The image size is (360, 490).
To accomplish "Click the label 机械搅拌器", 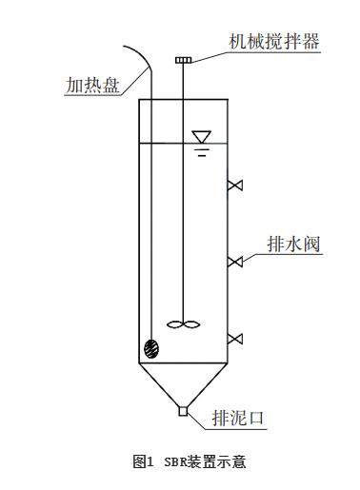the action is [274, 42].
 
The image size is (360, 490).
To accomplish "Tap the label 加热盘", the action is [92, 85].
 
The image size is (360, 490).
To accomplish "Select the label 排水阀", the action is [293, 245].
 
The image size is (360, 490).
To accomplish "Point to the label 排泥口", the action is [238, 418].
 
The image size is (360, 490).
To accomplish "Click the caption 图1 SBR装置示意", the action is [190, 461].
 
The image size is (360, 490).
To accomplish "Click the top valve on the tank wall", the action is [235, 186].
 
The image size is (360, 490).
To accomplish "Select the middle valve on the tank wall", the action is [235, 262].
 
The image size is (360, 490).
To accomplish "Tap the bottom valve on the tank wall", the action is [235, 339].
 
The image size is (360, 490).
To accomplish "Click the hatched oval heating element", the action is [151, 349].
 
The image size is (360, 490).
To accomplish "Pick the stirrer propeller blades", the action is [184, 324].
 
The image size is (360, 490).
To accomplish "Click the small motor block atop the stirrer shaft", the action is [184, 60].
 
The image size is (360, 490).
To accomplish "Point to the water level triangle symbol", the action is [202, 137].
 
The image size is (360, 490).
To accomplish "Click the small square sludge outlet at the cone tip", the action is [183, 411].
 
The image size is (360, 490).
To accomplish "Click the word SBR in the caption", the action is [177, 461].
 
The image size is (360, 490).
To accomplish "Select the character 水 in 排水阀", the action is [293, 245].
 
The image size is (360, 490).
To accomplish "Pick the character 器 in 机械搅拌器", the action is [310, 42].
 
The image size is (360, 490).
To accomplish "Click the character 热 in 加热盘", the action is [92, 85].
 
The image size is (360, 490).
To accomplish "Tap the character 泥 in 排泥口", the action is [238, 418].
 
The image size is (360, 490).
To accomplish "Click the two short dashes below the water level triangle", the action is [202, 152].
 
